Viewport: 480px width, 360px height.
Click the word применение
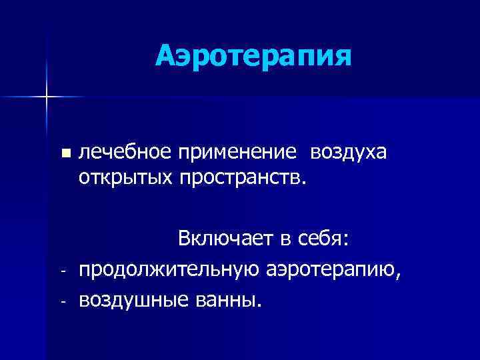tap(237, 153)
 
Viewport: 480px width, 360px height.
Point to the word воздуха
tap(347, 153)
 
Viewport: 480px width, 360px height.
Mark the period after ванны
tap(259, 307)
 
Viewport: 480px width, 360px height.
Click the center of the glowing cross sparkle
tap(47, 97)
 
